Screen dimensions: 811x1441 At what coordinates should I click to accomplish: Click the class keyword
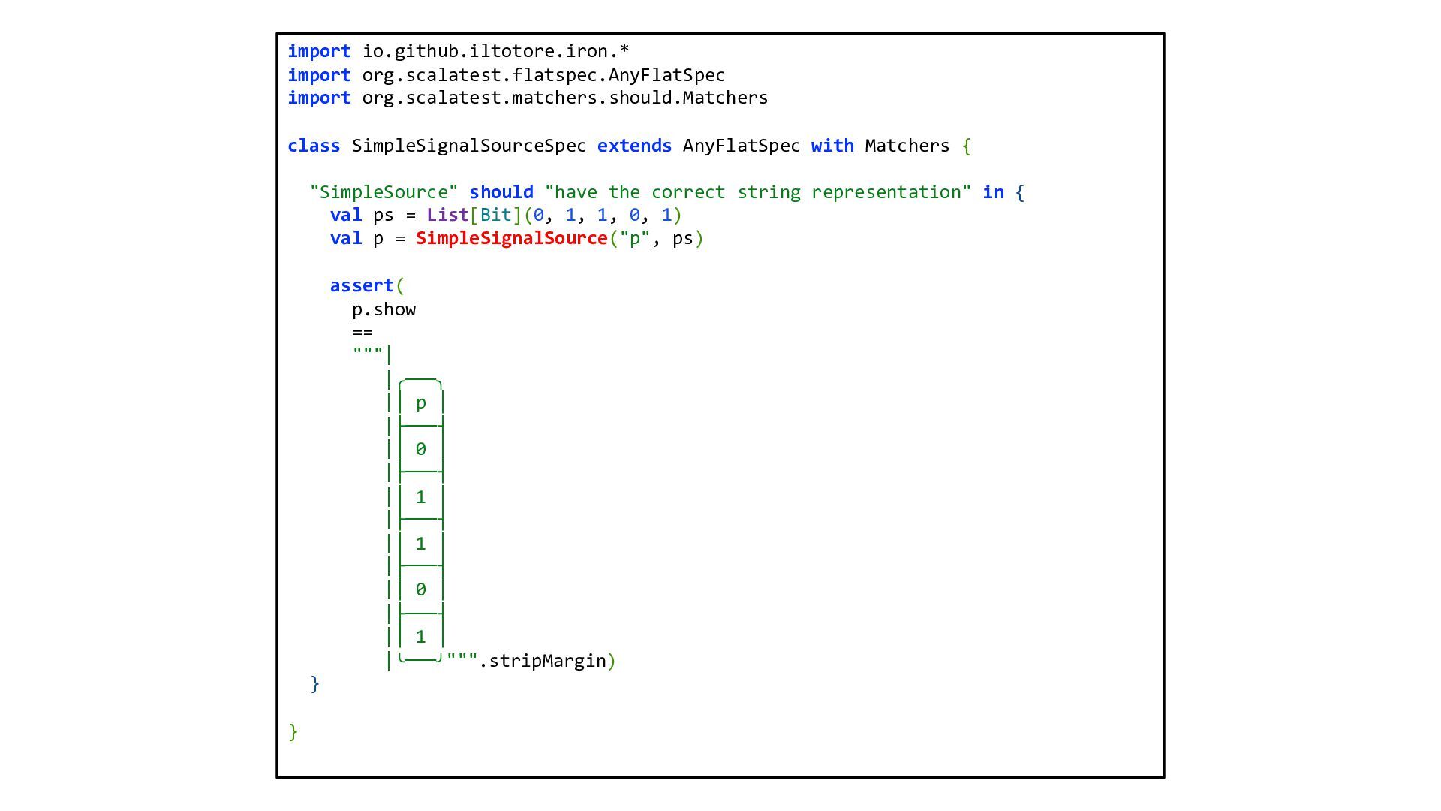coord(314,146)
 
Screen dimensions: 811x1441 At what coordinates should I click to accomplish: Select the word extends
coord(634,146)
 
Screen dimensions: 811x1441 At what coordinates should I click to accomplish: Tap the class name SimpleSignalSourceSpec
coord(469,146)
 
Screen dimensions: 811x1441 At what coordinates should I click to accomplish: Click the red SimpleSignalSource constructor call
coord(511,238)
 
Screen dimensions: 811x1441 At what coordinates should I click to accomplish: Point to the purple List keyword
coord(447,215)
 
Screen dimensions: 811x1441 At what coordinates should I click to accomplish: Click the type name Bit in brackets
coord(495,215)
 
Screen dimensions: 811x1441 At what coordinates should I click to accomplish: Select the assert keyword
coord(362,285)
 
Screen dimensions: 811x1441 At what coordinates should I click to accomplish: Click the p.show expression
coord(384,309)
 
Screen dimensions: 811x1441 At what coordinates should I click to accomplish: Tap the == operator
coord(363,332)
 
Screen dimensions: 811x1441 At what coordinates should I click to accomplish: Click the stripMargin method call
coord(547,661)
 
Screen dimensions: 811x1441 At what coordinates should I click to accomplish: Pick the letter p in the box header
coord(421,403)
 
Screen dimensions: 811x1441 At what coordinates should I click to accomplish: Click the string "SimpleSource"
coord(384,192)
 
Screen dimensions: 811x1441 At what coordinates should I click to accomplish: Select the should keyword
coord(501,192)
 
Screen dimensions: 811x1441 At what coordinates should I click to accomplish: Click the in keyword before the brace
coord(993,192)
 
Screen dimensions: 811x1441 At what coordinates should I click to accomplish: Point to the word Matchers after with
coord(907,146)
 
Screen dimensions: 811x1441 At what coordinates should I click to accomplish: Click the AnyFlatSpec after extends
coord(741,146)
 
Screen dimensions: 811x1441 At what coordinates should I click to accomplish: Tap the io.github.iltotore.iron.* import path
coord(495,51)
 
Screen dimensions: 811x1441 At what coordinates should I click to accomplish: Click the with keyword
coord(832,146)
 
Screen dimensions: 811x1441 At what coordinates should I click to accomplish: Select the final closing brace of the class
coord(293,731)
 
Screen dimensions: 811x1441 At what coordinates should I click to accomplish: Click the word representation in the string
coord(886,192)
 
